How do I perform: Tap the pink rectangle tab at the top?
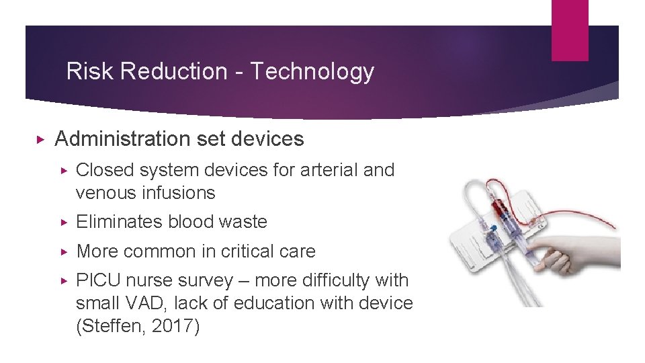(569, 30)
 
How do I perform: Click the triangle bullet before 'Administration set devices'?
(40, 139)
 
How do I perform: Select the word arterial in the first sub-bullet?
(326, 170)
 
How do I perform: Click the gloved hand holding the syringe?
(571, 252)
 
